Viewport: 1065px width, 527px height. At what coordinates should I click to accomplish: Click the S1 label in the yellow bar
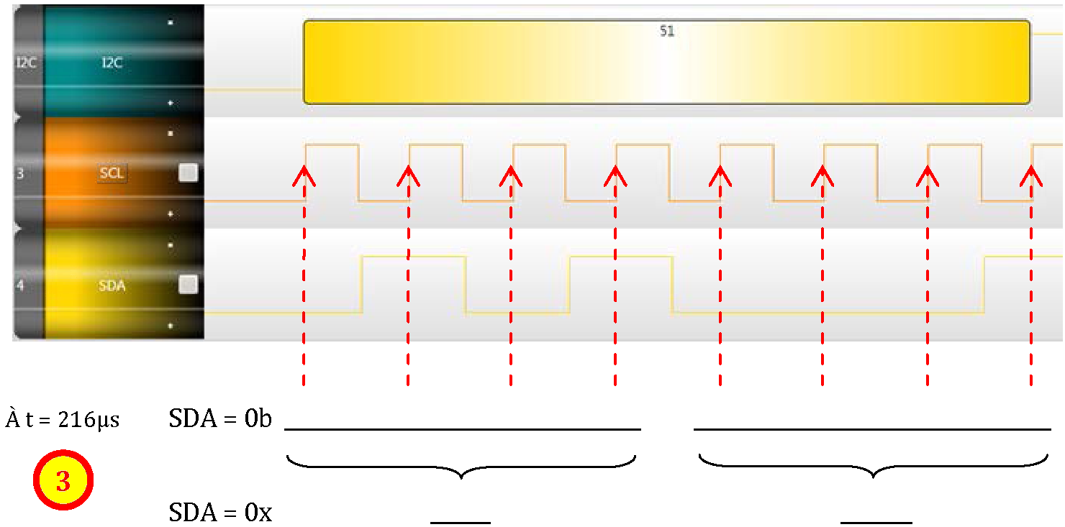[666, 32]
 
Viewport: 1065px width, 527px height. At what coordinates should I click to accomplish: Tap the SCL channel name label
[112, 173]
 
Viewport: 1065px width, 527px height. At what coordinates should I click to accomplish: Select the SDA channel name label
[112, 285]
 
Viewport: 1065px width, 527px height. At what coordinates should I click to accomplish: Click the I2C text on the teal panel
[112, 63]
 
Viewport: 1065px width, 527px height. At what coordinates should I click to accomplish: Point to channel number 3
[20, 173]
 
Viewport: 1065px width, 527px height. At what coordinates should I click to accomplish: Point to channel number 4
[20, 285]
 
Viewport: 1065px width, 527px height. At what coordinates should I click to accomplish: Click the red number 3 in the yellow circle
[63, 481]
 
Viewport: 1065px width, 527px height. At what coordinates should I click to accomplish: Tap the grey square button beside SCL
[189, 173]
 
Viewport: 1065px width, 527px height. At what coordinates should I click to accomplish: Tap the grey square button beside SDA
[189, 285]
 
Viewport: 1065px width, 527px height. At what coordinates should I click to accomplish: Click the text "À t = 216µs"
[63, 419]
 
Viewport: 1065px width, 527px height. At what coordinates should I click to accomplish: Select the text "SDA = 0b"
[220, 418]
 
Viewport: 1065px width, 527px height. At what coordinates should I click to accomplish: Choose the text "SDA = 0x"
[220, 513]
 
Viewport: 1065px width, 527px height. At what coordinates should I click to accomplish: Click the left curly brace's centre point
[461, 476]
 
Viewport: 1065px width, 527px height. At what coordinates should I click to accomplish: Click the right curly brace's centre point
[874, 475]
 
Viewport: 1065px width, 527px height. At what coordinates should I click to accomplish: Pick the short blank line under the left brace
[461, 523]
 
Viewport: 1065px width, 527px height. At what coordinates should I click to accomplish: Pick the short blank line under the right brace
[876, 523]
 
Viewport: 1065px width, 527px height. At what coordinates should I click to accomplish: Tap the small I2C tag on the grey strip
[26, 63]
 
